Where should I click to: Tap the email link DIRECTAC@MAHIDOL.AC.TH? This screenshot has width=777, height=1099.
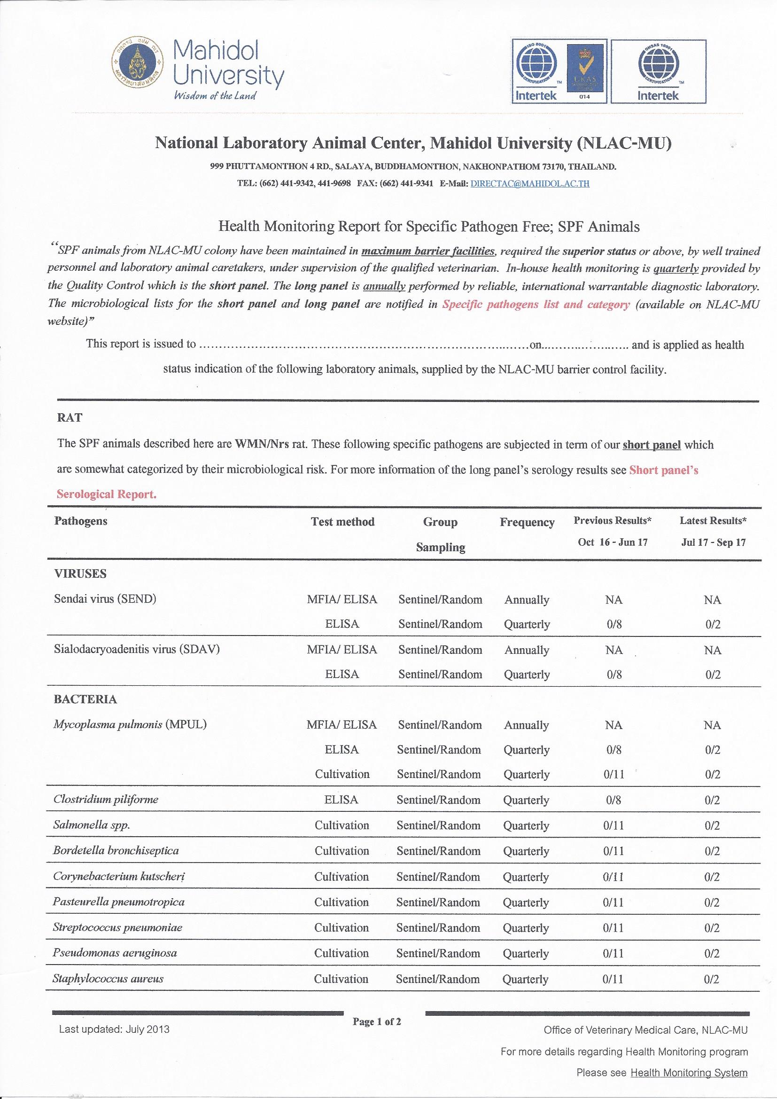pos(529,183)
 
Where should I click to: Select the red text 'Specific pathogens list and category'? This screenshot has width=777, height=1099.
pos(536,305)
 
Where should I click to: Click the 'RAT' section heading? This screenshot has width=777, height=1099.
pos(70,417)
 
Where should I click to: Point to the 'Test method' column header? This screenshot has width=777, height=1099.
pos(342,522)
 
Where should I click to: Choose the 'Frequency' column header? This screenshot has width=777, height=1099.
pos(527,522)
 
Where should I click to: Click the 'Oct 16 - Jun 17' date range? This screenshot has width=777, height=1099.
pos(613,542)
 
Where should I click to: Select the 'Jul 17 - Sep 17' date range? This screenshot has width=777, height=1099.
pos(713,543)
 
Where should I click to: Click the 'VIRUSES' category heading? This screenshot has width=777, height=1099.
pos(80,573)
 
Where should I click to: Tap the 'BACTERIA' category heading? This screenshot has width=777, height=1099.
pos(85,699)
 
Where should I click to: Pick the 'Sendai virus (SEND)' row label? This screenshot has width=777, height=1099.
pos(105,599)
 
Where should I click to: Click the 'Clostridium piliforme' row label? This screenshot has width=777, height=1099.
pos(106,800)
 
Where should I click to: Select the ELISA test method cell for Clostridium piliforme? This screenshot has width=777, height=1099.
pos(342,800)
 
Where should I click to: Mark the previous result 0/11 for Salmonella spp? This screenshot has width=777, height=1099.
pos(614,826)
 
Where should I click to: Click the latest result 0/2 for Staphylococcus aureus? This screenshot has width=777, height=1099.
pos(711,979)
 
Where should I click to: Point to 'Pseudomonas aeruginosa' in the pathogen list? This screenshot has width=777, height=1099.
pos(115,953)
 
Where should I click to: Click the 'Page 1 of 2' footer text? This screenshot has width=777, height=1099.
pos(377,1022)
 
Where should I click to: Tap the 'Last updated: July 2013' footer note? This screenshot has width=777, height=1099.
pos(114,1029)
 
